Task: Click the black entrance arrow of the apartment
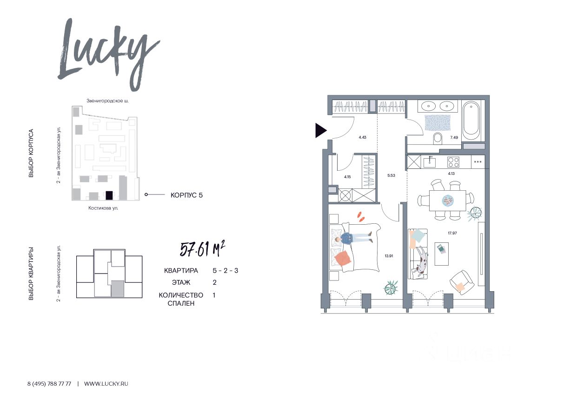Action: [321, 130]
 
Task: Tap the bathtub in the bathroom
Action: [471, 120]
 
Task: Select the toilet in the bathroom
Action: [438, 139]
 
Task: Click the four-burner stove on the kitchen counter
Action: [453, 162]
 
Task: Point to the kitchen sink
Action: [430, 162]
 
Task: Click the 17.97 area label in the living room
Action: [452, 233]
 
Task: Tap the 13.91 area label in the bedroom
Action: [389, 256]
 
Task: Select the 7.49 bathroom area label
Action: [454, 137]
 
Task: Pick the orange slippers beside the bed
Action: [361, 217]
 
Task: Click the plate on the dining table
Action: [448, 200]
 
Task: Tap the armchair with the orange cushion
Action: [462, 282]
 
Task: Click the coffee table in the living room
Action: [442, 254]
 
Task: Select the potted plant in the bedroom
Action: [391, 288]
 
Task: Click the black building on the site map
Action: [109, 195]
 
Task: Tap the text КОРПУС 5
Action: [186, 195]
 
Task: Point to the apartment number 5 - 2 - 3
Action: [225, 270]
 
